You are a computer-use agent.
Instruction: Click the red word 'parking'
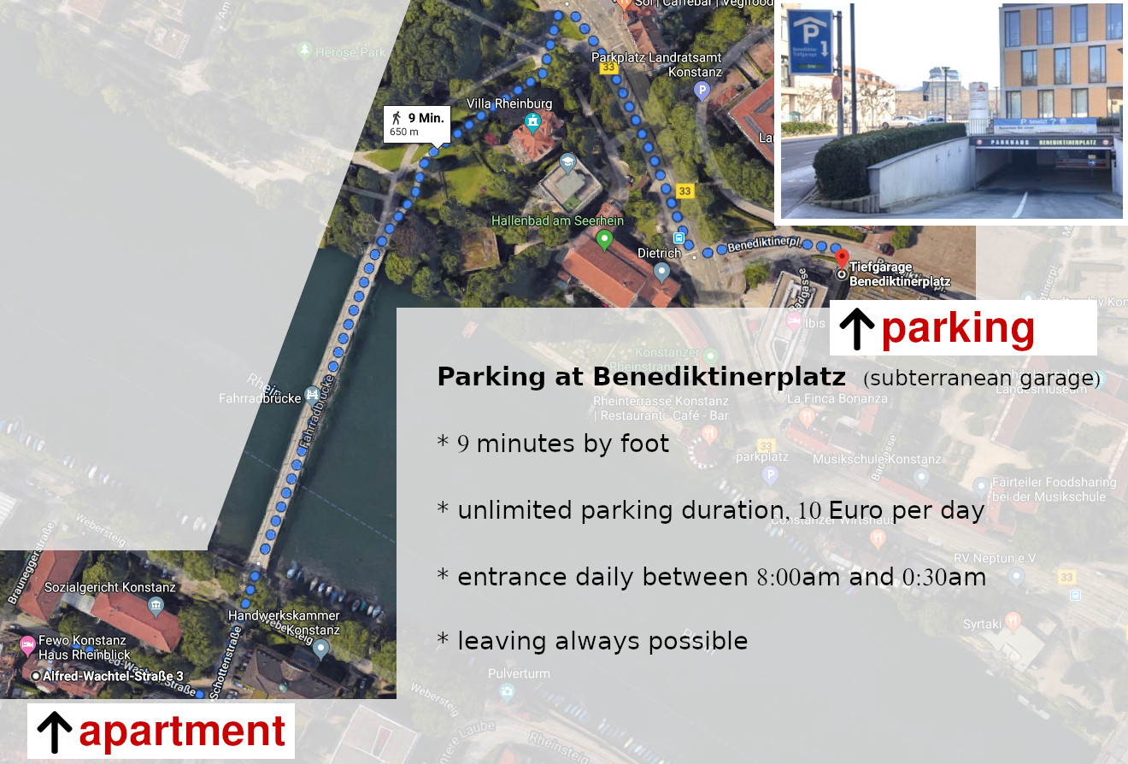tap(957, 328)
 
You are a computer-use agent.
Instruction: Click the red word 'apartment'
tap(182, 732)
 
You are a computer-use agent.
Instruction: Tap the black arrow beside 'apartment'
tap(55, 732)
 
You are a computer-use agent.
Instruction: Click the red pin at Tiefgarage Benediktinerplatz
tap(842, 258)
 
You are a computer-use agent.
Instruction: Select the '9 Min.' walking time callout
tap(416, 124)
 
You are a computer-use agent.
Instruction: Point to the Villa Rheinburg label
tap(509, 103)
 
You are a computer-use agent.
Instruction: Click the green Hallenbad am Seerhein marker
tap(605, 239)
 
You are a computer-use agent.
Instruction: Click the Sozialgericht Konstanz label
tap(109, 587)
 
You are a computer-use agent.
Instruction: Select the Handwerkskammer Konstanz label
tap(284, 622)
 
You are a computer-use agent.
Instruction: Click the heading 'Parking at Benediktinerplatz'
tap(641, 377)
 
